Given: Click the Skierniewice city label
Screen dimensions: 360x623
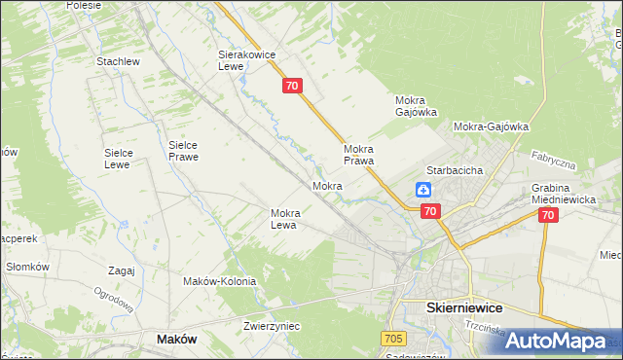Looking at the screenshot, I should click(464, 306).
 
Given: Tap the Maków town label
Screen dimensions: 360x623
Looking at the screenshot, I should click(176, 339).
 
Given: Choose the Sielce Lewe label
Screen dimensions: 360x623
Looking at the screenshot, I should click(125, 159).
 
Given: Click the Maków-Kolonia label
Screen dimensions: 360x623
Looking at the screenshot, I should click(219, 281).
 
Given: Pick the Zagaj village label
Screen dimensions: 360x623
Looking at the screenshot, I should click(122, 270).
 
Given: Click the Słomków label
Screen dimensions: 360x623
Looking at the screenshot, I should click(27, 267).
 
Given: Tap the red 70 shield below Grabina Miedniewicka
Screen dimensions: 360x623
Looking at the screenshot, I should click(548, 215).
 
